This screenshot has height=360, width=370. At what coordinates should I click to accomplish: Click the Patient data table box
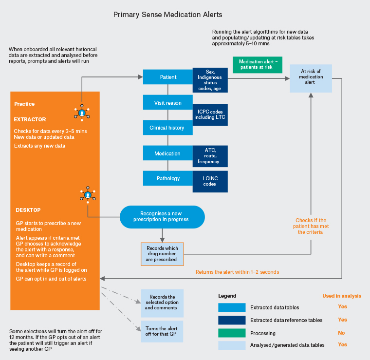pyautogui.click(x=168, y=77)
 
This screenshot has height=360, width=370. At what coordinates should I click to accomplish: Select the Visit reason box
pyautogui.click(x=168, y=103)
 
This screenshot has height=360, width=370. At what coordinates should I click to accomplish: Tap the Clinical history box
pyautogui.click(x=168, y=128)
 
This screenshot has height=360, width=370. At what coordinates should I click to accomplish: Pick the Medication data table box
pyautogui.click(x=168, y=153)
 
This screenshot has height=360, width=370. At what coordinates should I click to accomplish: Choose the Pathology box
pyautogui.click(x=168, y=178)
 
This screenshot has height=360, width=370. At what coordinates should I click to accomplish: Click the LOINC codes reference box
pyautogui.click(x=210, y=181)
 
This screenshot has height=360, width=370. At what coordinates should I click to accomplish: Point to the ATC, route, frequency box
pyautogui.click(x=210, y=155)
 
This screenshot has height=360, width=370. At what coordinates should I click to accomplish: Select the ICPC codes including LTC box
pyautogui.click(x=210, y=114)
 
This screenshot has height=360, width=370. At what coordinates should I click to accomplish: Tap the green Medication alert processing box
pyautogui.click(x=258, y=65)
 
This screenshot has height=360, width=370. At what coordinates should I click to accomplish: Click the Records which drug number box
pyautogui.click(x=163, y=254)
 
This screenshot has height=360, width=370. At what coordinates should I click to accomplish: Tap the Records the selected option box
pyautogui.click(x=162, y=303)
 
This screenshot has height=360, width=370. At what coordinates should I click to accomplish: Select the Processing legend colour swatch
pyautogui.click(x=232, y=333)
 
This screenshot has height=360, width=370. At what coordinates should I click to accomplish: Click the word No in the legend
pyautogui.click(x=342, y=333)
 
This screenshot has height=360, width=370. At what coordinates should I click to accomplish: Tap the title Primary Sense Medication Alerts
pyautogui.click(x=168, y=15)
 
